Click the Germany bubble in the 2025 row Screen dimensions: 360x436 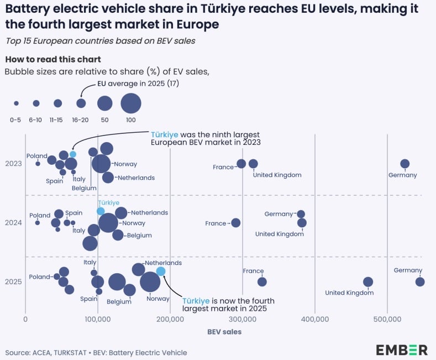(x=420, y=281)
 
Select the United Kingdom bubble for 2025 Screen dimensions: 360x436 (x=368, y=281)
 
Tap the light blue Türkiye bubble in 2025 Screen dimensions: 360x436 (x=161, y=271)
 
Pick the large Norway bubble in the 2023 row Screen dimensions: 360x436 (x=101, y=164)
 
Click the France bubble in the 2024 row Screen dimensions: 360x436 (x=236, y=223)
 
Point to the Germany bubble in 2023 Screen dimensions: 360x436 (x=405, y=164)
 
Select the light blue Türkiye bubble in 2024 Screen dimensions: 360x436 (x=101, y=211)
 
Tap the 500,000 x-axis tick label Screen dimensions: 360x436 (x=387, y=319)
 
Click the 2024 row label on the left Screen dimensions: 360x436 (x=13, y=223)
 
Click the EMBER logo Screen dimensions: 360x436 (x=402, y=349)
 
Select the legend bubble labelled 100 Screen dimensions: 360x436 (x=131, y=103)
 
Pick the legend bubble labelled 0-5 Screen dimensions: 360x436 (x=16, y=103)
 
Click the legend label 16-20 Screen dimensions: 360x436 (x=81, y=119)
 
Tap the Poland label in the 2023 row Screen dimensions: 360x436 (x=36, y=156)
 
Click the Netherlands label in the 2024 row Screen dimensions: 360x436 (x=149, y=212)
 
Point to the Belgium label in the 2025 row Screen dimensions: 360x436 (x=119, y=302)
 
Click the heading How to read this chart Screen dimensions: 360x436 (x=52, y=59)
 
